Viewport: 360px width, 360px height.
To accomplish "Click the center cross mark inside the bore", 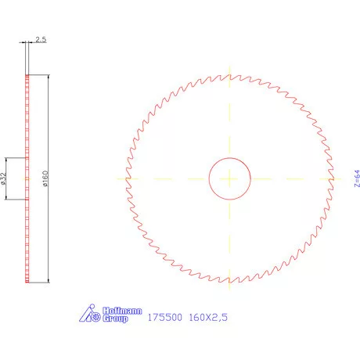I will pos(229,178).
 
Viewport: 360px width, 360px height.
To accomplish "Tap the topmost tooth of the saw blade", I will pos(229,75).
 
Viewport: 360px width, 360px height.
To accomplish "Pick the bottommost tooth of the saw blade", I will pos(229,282).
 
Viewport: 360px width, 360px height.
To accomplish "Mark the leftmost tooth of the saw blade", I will pos(126,178).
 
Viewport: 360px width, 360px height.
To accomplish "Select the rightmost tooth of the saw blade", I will pos(333,178).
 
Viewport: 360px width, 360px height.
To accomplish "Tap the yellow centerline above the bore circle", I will pos(229,125).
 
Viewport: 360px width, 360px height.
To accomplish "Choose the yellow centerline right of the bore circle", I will pos(290,178).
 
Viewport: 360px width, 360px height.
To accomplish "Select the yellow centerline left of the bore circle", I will pos(168,178).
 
